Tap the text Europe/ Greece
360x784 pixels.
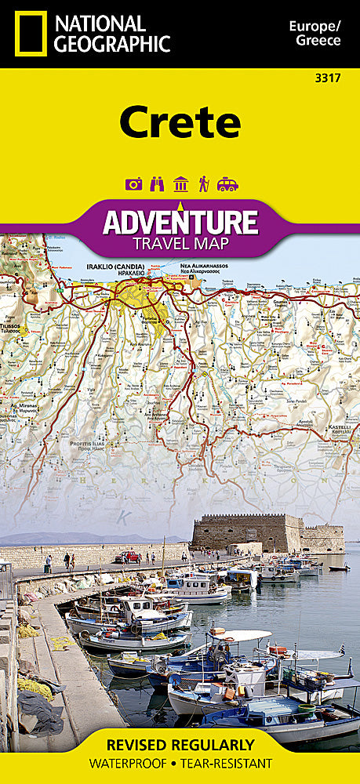315,34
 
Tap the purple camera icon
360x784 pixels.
133,184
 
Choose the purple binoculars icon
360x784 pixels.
156,184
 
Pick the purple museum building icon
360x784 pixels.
180,184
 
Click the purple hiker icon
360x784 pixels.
203,184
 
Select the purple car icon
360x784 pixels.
227,184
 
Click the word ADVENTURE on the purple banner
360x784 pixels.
180,221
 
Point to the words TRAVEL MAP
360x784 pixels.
180,244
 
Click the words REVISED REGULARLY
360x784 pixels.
180,744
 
